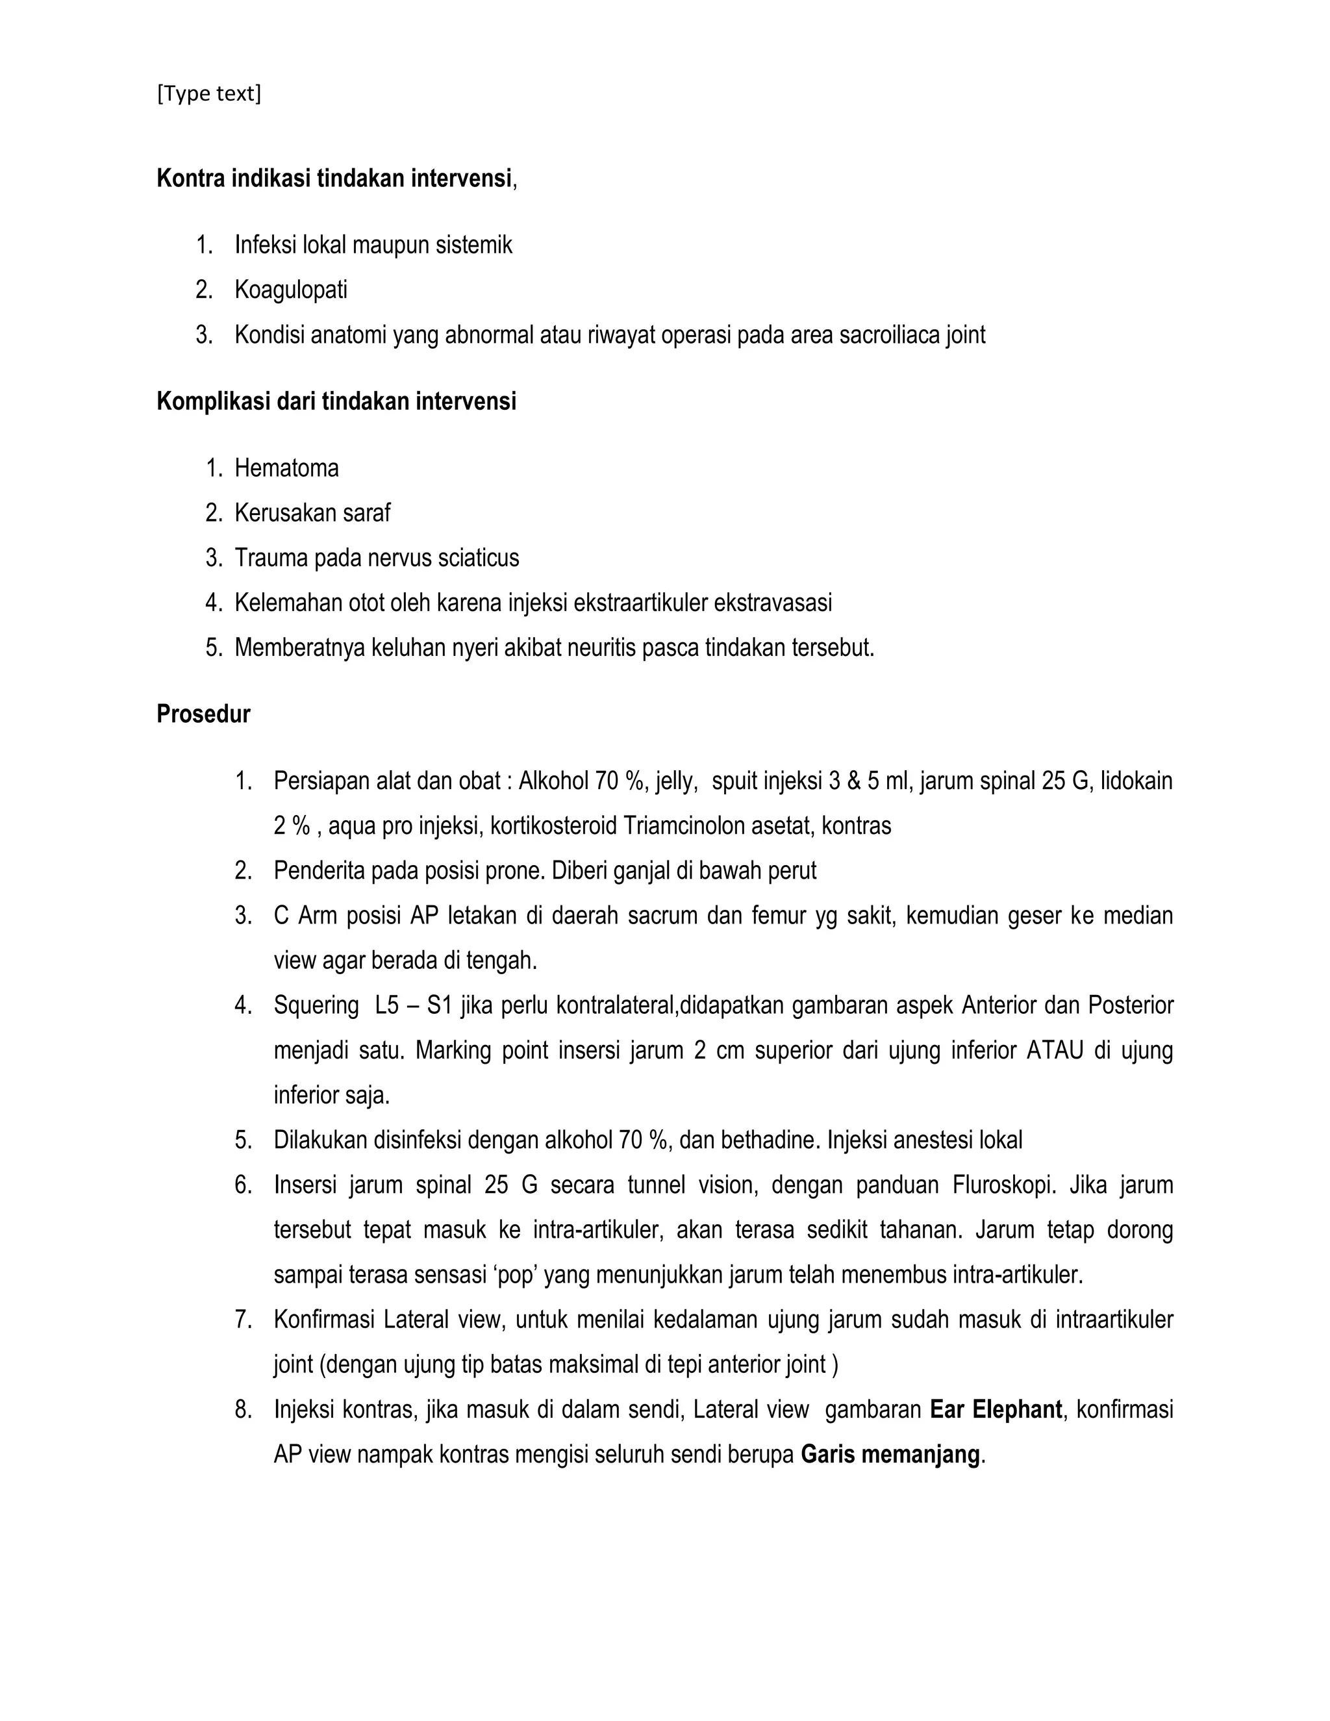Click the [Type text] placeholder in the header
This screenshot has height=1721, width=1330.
(209, 94)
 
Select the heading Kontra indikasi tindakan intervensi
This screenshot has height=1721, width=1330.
(334, 179)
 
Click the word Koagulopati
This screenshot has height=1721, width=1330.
(291, 290)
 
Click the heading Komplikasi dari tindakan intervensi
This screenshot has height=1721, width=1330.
(336, 402)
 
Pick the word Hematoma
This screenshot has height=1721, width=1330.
(287, 468)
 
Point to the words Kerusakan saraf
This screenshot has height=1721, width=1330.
(312, 513)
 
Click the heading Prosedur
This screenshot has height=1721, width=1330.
(203, 714)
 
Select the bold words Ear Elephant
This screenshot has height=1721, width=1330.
(995, 1410)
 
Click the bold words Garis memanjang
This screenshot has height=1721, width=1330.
(890, 1455)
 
